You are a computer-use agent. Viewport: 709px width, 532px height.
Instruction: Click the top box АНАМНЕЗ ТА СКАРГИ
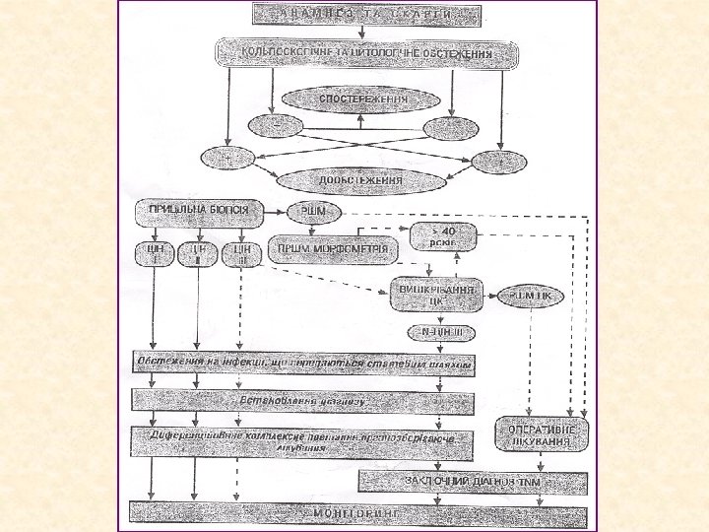[367, 14]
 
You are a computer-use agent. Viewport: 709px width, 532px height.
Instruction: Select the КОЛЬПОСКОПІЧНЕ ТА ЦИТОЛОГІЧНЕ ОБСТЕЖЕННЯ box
[368, 53]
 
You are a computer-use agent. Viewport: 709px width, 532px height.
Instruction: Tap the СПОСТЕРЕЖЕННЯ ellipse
[361, 100]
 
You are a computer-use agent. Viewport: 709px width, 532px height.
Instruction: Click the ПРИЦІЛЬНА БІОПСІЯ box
[198, 212]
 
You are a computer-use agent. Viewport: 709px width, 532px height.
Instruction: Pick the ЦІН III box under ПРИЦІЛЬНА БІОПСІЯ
[240, 253]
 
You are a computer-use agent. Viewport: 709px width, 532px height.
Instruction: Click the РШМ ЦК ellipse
[535, 296]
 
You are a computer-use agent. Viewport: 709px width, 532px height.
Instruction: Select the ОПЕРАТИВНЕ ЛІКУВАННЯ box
[542, 436]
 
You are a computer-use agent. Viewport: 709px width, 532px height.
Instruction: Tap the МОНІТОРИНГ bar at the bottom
[360, 515]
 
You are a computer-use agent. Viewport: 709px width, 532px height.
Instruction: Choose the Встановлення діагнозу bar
[303, 401]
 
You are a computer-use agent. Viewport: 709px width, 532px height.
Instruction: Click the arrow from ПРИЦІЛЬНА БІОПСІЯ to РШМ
[278, 212]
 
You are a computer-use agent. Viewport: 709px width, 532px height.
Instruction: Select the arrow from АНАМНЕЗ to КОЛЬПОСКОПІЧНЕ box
[366, 32]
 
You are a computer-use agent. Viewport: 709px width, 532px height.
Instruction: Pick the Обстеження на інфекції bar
[303, 363]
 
